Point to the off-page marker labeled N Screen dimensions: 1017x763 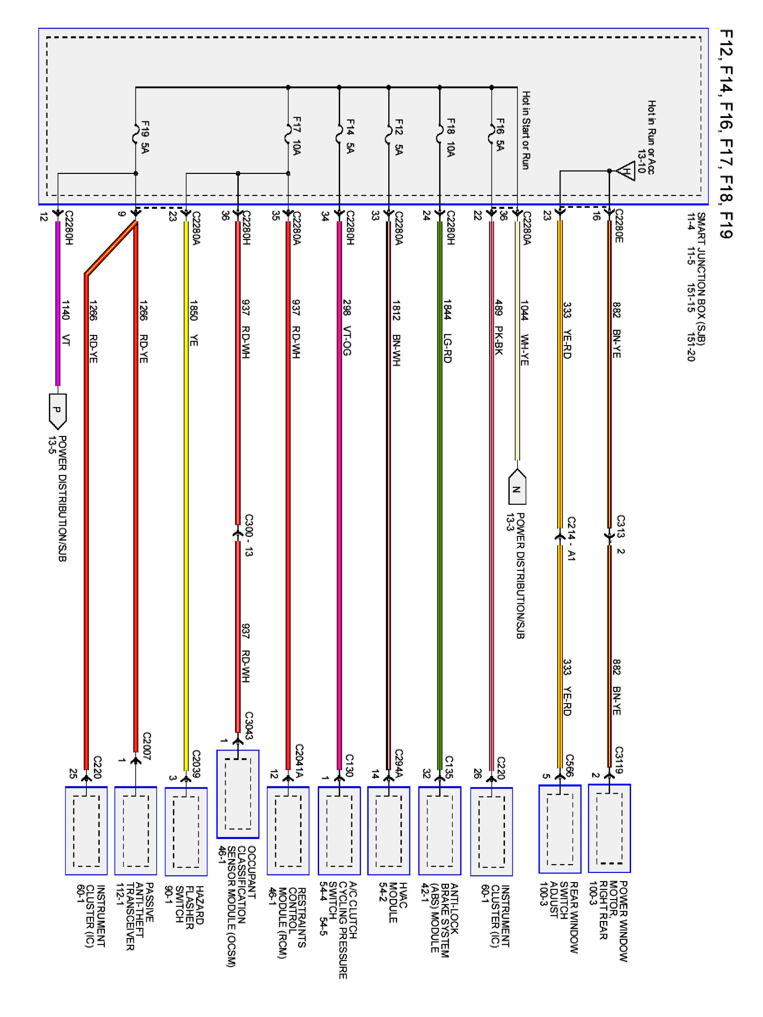point(517,489)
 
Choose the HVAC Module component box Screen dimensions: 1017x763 point(389,830)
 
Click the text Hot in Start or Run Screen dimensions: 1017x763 point(526,130)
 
